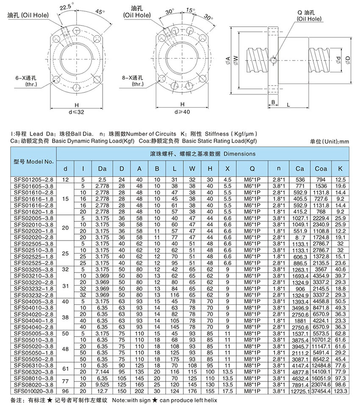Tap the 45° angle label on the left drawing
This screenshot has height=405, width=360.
(100, 12)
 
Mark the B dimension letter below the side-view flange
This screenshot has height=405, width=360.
(274, 103)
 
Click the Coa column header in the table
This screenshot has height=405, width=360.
(321, 169)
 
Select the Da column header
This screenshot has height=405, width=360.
(102, 169)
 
